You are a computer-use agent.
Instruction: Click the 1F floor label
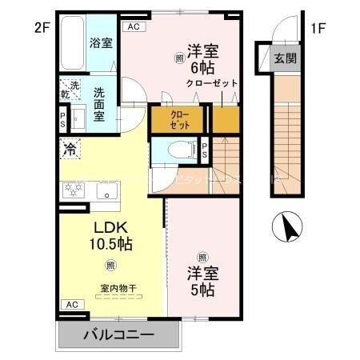[318, 29]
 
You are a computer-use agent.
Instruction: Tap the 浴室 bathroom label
[101, 42]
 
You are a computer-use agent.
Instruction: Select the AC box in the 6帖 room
[133, 26]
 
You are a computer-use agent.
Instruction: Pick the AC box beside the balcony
[71, 304]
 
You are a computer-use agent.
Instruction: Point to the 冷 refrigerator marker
[70, 148]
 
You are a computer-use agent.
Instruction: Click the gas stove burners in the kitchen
[74, 190]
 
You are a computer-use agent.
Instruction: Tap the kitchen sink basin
[106, 192]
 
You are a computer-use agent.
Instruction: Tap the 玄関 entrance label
[286, 58]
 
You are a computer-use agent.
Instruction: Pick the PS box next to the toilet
[204, 150]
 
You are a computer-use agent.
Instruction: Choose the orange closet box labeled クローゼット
[179, 120]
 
